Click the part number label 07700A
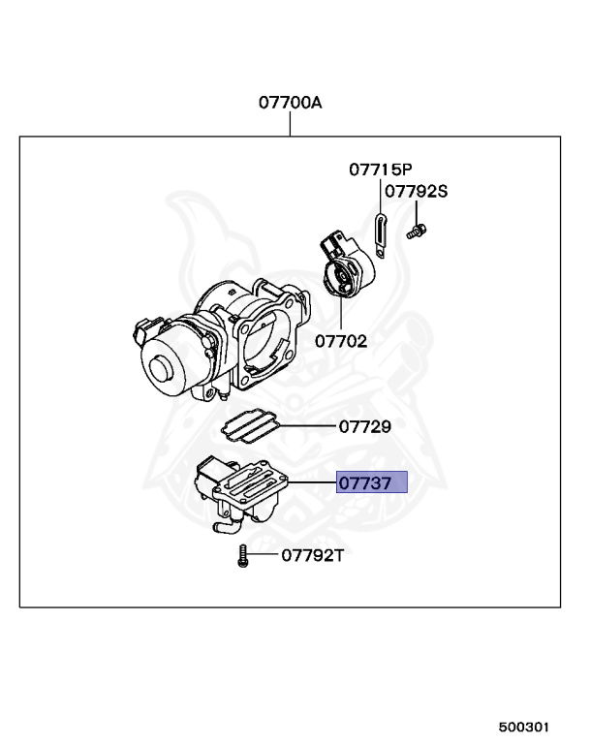tap(290, 102)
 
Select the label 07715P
tap(380, 170)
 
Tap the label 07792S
tap(416, 192)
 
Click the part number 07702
tap(340, 341)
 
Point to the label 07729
tap(363, 426)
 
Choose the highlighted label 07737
tap(371, 482)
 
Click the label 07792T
tap(312, 555)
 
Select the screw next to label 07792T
tap(241, 556)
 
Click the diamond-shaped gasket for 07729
tap(250, 422)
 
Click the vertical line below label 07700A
tap(290, 125)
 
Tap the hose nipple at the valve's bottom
tap(223, 527)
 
